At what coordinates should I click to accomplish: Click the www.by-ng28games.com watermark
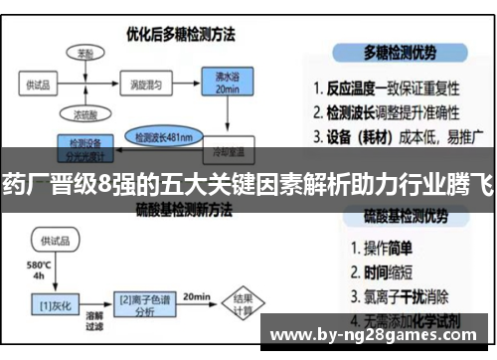(375, 334)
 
